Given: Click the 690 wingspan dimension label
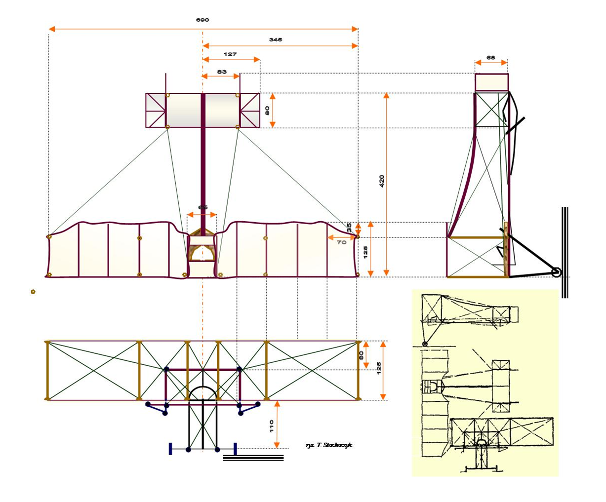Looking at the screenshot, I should pos(202,20).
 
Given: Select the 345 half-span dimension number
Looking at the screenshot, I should pos(276,39).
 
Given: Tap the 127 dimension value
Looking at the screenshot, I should pos(230,54).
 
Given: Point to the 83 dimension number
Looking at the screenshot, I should pos(222,72).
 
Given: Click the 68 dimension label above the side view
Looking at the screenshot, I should pos(490,58).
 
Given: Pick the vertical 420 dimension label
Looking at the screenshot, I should pos(381,181).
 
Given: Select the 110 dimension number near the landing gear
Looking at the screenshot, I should pos(271,426).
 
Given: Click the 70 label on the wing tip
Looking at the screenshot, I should pos(341,242).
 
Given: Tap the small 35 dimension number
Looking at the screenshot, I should pos(349,228).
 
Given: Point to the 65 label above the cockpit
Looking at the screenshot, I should pos(202,208).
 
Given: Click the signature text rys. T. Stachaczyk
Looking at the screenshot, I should pos(329,446).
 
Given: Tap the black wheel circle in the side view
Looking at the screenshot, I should pos(557,272).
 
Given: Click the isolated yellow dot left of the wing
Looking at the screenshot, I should pos(33,292).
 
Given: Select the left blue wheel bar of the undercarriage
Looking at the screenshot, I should pos(170,449).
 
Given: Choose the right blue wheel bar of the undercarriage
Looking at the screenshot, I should pos(235,449).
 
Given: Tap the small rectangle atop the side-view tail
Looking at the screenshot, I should pos(491,82).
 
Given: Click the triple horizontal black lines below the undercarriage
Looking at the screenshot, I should pos(253,458).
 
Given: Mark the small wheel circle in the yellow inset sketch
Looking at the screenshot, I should pos(425,344).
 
